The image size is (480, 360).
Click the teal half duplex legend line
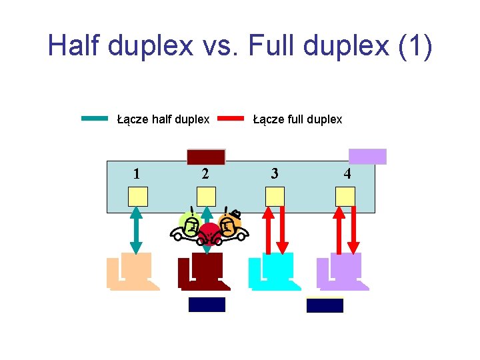tap(94, 119)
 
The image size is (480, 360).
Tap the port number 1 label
tap(136, 174)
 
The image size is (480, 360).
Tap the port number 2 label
tap(205, 174)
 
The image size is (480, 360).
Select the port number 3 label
tap(274, 174)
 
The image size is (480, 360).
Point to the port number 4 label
tap(347, 174)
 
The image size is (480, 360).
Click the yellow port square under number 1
tap(138, 196)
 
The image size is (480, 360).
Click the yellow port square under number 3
tap(275, 196)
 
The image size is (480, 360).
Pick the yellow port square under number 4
tap(345, 196)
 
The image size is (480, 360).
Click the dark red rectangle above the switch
tap(206, 157)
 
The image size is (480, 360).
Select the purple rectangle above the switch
tap(368, 156)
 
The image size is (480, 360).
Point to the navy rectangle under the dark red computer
tap(207, 305)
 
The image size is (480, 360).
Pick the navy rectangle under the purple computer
tap(325, 305)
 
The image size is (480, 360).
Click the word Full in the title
tap(283, 45)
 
